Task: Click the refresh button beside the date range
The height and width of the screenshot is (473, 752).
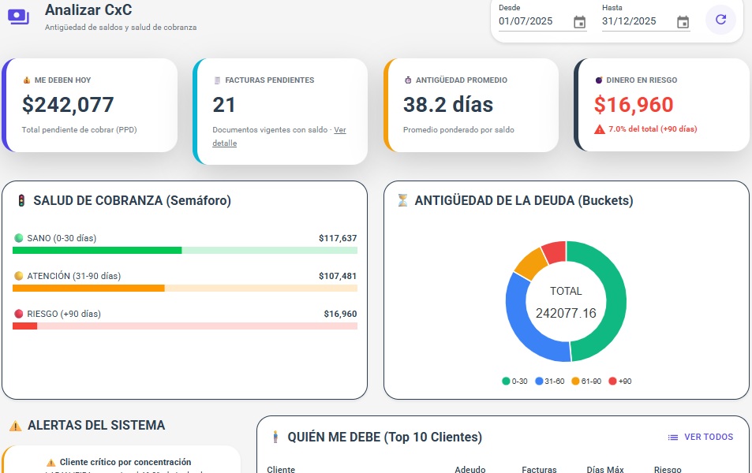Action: tap(720, 20)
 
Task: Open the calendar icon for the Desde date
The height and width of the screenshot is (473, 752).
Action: tap(579, 22)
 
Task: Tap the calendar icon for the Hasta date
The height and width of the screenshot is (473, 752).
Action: tap(683, 22)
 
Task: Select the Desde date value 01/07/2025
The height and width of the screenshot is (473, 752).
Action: tap(526, 21)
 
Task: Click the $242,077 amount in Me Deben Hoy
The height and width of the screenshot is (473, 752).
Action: tap(68, 105)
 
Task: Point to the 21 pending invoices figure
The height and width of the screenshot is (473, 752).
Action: tap(224, 105)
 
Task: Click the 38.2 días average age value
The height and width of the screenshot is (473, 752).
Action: tap(447, 105)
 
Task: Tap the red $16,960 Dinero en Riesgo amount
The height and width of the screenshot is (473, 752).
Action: tap(634, 105)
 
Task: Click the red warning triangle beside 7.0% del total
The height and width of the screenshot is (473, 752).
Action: tap(600, 129)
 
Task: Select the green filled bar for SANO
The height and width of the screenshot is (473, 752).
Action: tap(97, 251)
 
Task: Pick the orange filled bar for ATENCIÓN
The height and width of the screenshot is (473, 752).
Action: tap(88, 289)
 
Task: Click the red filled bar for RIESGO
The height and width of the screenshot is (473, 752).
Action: tap(25, 326)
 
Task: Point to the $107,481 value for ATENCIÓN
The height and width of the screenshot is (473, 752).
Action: tap(338, 276)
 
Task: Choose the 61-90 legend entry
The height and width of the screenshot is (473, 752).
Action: tap(586, 382)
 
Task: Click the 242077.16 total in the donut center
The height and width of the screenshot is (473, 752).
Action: tap(566, 313)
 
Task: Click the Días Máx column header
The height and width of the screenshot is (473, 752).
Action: tap(605, 469)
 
